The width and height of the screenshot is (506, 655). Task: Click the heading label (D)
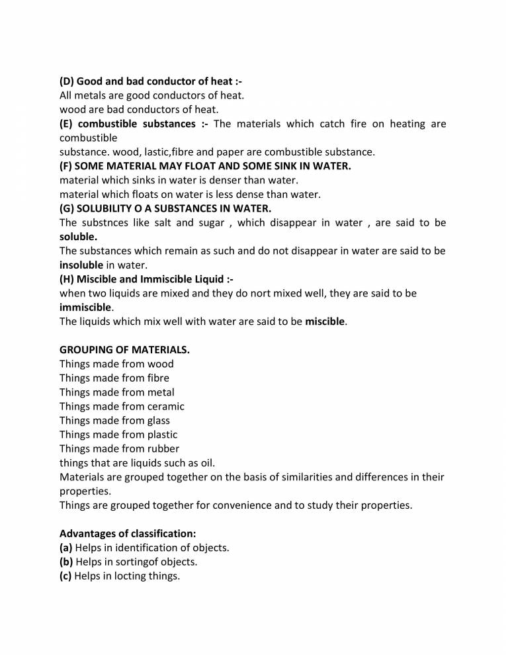(x=67, y=81)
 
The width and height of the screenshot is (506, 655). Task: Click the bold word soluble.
(x=78, y=236)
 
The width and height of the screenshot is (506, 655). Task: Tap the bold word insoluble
(x=81, y=265)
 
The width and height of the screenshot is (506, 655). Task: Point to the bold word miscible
(x=325, y=322)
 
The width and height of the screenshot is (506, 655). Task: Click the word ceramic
(x=165, y=406)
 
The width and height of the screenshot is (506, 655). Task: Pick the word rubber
(x=163, y=449)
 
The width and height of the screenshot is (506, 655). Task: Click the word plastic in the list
(x=162, y=435)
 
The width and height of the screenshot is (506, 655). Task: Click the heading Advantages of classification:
(x=128, y=533)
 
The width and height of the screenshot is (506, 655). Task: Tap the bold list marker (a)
(x=66, y=547)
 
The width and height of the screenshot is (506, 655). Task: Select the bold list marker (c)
(x=66, y=576)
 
